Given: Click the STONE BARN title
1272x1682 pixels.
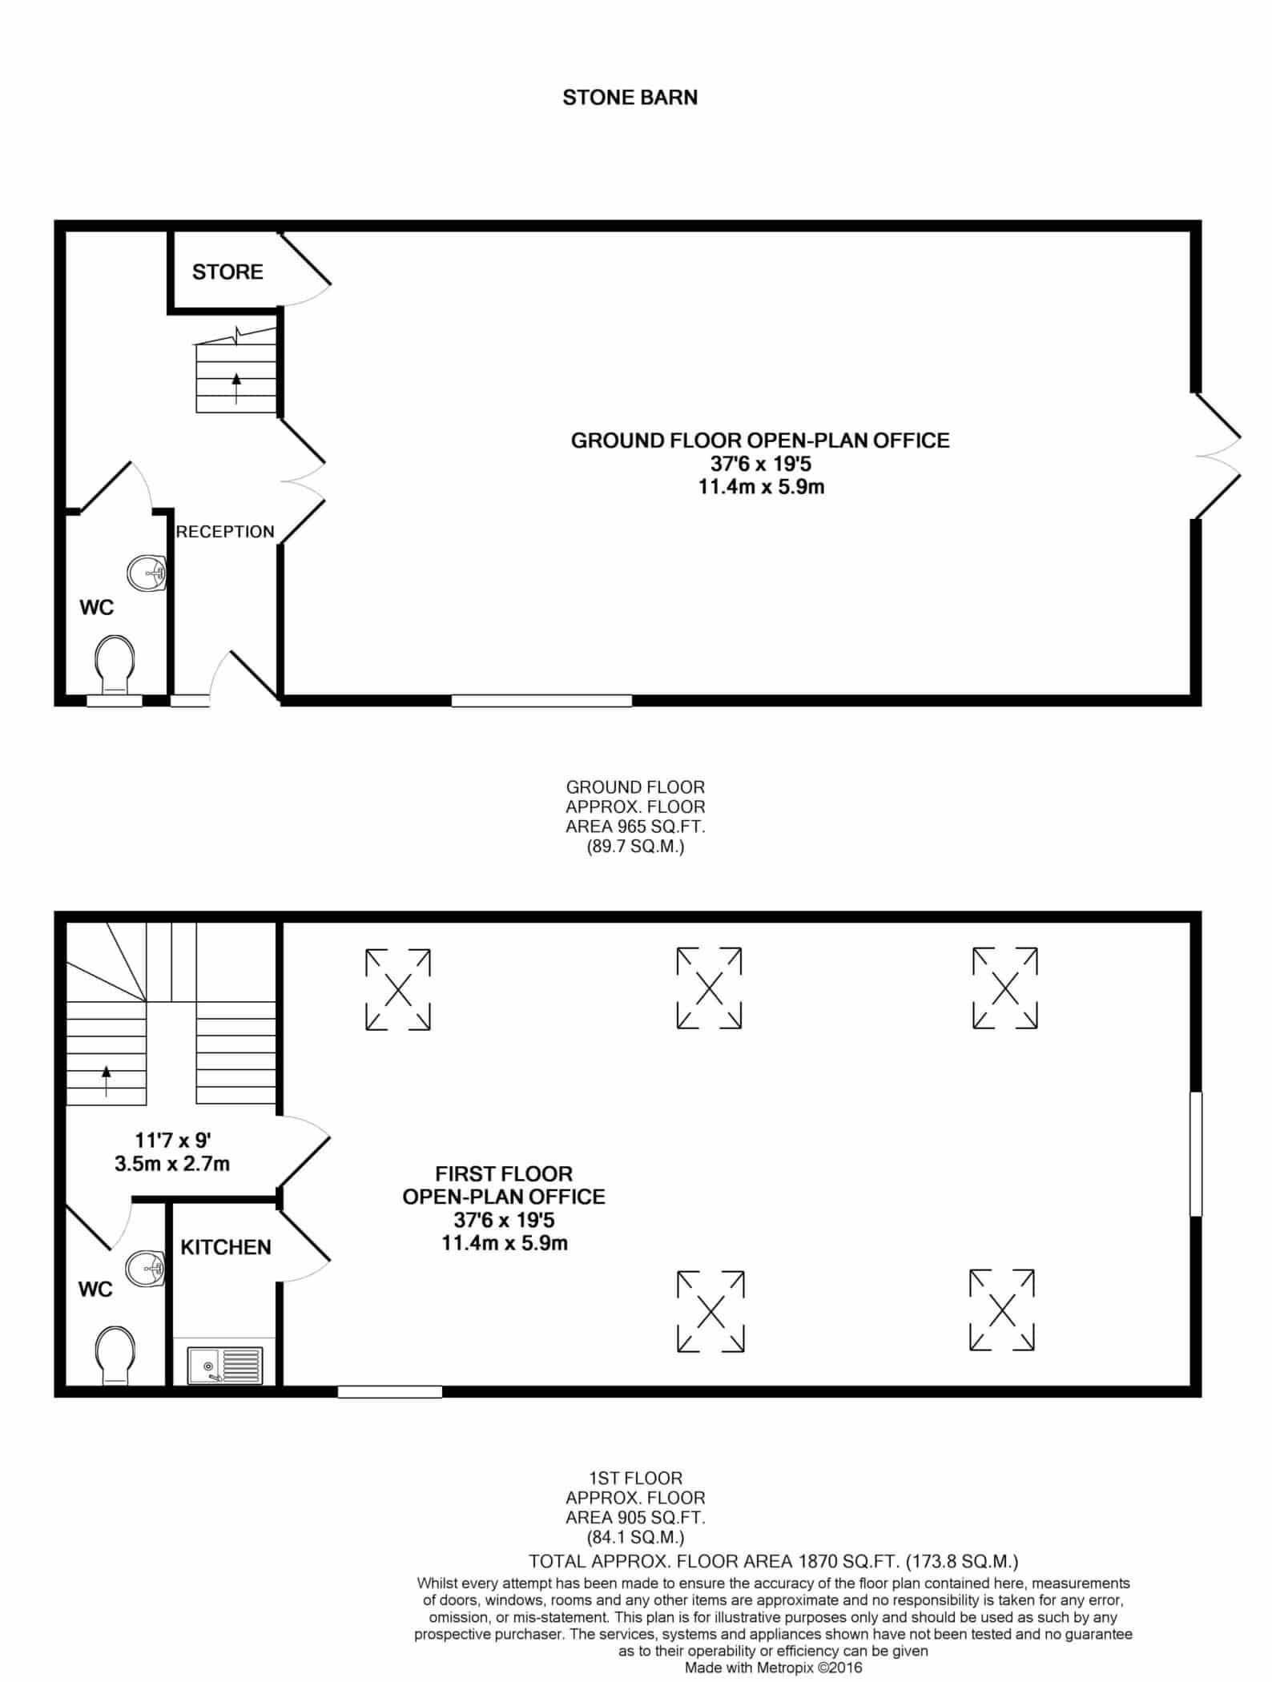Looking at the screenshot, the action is [630, 98].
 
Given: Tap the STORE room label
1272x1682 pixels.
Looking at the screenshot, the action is [227, 272].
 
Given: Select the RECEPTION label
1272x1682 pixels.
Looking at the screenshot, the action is [225, 532].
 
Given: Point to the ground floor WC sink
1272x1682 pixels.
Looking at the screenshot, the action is [147, 572].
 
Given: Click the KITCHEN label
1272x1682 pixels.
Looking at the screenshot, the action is [226, 1247].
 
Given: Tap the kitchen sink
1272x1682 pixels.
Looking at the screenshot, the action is [225, 1366].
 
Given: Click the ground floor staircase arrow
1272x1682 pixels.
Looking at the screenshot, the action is [236, 388].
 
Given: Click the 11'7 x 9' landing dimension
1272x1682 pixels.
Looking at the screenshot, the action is [173, 1140].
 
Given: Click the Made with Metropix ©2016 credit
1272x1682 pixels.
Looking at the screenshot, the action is [773, 1668].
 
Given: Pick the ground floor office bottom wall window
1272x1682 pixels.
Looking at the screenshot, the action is [541, 701].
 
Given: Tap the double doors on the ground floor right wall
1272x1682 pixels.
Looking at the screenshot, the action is [1218, 457].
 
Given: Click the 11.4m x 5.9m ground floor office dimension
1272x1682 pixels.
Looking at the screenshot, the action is [761, 486].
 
